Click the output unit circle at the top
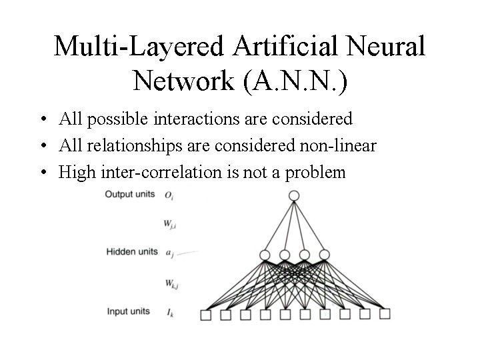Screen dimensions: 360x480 click(x=294, y=195)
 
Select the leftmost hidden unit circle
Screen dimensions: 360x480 click(x=265, y=254)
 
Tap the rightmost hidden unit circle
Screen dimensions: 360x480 click(x=325, y=254)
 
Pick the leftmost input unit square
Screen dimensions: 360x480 click(x=205, y=315)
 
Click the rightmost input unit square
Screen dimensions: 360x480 click(x=385, y=313)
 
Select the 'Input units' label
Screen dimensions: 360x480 click(x=128, y=311)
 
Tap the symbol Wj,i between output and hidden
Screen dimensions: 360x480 click(x=171, y=224)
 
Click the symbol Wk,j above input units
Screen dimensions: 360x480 click(x=171, y=283)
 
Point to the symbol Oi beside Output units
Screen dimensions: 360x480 click(x=169, y=196)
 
